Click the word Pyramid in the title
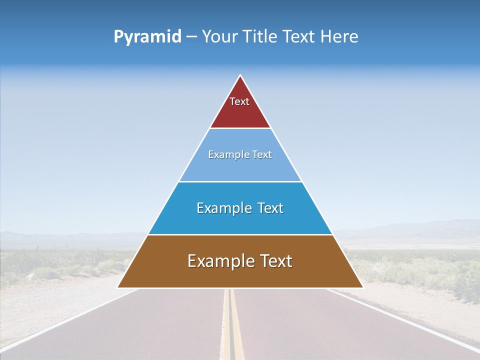coord(147,37)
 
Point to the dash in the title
coord(191,37)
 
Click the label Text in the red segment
coord(239,101)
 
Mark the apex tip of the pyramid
coord(240,76)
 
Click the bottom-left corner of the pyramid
coord(118,287)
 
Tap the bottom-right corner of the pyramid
coord(362,287)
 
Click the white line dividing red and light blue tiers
coord(240,128)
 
